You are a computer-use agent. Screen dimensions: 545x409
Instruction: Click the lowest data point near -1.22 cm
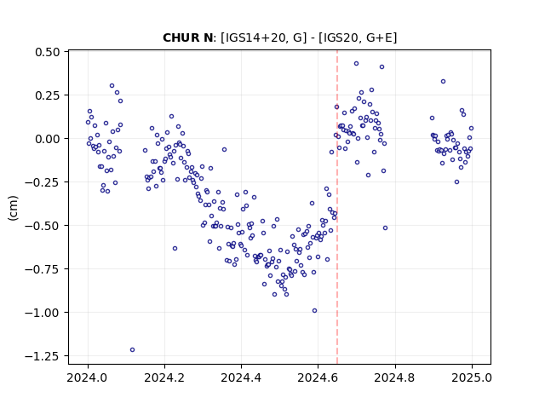[133, 349]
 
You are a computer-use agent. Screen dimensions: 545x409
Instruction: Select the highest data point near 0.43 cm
[356, 63]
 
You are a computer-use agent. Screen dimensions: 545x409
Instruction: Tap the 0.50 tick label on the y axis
[48, 52]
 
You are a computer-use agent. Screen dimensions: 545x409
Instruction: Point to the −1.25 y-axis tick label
[43, 356]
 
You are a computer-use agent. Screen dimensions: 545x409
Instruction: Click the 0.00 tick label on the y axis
[48, 138]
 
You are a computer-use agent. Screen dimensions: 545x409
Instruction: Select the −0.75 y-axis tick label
[43, 269]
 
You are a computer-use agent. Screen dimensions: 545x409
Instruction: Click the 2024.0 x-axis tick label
[88, 377]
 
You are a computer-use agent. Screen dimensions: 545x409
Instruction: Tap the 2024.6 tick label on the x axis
[318, 377]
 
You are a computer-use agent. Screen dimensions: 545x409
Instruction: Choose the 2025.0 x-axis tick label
[472, 377]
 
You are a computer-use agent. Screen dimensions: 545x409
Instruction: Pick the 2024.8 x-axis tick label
[395, 377]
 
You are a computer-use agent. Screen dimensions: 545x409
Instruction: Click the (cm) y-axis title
[13, 208]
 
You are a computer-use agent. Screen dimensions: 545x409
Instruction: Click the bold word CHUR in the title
[179, 37]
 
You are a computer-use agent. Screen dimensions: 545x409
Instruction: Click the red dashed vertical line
[337, 207]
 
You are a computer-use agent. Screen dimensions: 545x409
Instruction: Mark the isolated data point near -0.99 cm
[314, 310]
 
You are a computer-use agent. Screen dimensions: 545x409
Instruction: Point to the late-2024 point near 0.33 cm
[443, 82]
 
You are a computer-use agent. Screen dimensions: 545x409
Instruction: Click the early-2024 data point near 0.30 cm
[112, 85]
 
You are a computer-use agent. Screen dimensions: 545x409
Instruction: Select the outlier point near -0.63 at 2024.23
[175, 248]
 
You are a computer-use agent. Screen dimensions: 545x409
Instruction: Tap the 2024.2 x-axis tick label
[164, 377]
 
